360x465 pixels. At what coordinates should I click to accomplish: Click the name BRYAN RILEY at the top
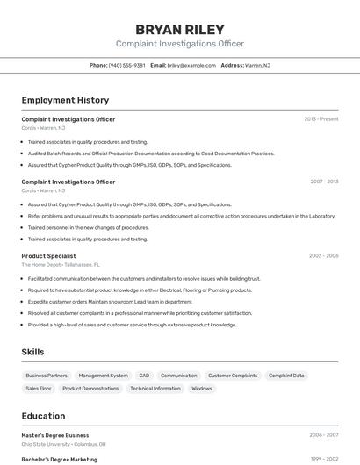[180, 30]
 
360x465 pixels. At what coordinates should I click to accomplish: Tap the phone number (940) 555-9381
[126, 65]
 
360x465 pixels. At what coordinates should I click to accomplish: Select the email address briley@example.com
[191, 65]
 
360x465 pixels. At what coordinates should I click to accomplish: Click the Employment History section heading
[65, 100]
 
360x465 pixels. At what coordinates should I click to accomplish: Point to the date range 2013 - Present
[321, 118]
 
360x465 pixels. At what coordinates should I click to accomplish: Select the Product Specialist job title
[54, 255]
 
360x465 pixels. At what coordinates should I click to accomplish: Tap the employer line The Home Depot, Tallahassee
[61, 264]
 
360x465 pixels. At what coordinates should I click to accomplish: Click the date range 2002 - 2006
[323, 255]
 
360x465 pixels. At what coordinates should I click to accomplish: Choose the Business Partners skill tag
[47, 376]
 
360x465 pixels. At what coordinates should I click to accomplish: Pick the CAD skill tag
[144, 376]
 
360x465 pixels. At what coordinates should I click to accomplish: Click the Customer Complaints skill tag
[233, 376]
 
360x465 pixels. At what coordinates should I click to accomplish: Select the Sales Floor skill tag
[39, 388]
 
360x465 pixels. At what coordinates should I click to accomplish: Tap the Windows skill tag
[202, 388]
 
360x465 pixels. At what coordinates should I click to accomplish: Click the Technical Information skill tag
[155, 388]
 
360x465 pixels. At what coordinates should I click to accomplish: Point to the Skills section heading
[33, 352]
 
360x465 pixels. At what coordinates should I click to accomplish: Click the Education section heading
[43, 416]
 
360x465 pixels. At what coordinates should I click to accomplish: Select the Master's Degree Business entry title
[55, 434]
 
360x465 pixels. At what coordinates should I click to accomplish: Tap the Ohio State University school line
[64, 443]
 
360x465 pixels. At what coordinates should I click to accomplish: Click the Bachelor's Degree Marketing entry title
[60, 459]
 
